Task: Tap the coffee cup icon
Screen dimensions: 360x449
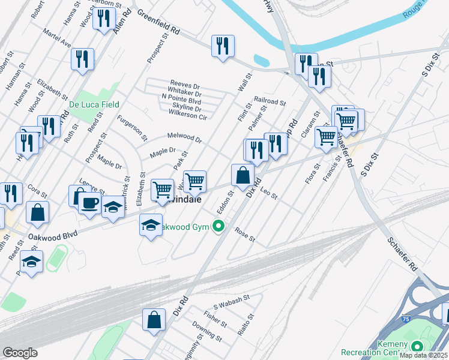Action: click(x=89, y=202)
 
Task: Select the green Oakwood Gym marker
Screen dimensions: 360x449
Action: click(x=219, y=226)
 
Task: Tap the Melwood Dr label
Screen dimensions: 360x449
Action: click(x=185, y=139)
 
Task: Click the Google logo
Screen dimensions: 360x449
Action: click(x=20, y=353)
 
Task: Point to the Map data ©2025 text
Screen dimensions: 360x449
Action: click(x=423, y=355)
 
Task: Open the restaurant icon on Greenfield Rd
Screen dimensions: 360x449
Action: click(x=223, y=46)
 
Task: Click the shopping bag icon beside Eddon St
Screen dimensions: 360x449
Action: click(x=243, y=176)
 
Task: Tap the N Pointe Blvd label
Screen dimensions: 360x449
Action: click(x=181, y=101)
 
